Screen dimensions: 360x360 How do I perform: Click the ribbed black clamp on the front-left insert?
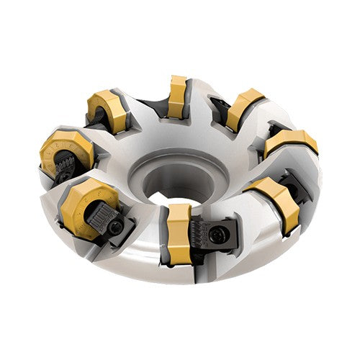coord(101,214)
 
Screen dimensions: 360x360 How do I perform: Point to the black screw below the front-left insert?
coord(116,229)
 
